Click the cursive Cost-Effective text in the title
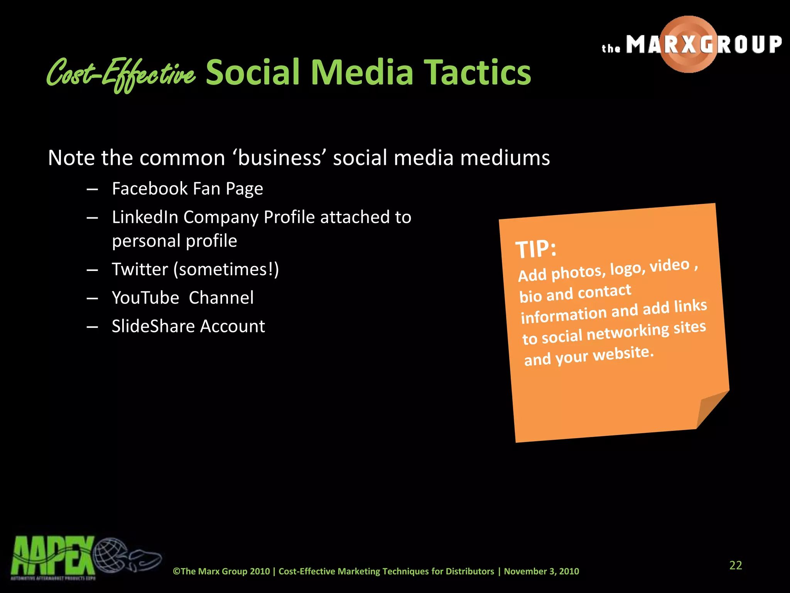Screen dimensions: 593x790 tap(121, 73)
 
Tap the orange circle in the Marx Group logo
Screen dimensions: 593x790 tap(689, 44)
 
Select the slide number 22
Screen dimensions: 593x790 tap(735, 565)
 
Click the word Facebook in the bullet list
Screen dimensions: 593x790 tap(150, 189)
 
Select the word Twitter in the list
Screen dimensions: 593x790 tap(140, 269)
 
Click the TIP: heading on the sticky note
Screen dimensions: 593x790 tap(536, 248)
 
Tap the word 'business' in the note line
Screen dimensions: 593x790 tap(279, 158)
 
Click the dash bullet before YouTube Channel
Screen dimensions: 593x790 tap(92, 298)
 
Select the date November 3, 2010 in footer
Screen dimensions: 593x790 tap(541, 571)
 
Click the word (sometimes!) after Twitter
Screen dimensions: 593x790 tap(226, 269)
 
